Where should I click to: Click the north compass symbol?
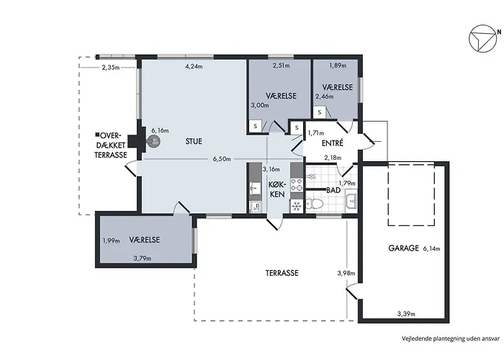pyautogui.click(x=482, y=38)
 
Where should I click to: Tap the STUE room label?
pyautogui.click(x=194, y=141)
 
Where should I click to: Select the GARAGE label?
pyautogui.click(x=403, y=248)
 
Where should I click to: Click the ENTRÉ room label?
pyautogui.click(x=333, y=143)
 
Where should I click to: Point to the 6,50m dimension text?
pyautogui.click(x=222, y=159)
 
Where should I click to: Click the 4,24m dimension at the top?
pyautogui.click(x=194, y=66)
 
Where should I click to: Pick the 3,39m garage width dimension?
pyautogui.click(x=406, y=314)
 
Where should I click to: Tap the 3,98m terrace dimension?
pyautogui.click(x=346, y=273)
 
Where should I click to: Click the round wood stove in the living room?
pyautogui.click(x=154, y=141)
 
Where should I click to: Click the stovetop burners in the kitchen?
pyautogui.click(x=297, y=184)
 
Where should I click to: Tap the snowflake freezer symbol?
pyautogui.click(x=297, y=206)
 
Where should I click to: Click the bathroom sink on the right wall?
pyautogui.click(x=351, y=201)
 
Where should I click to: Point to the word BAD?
pyautogui.click(x=333, y=190)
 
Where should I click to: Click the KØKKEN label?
pyautogui.click(x=276, y=189)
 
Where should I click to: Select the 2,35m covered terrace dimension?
pyautogui.click(x=111, y=68)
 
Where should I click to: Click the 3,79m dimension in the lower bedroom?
pyautogui.click(x=143, y=258)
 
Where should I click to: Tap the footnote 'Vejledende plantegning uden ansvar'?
pyautogui.click(x=451, y=338)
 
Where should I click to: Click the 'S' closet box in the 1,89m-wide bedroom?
pyautogui.click(x=320, y=112)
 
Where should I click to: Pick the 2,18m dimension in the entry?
pyautogui.click(x=333, y=158)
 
